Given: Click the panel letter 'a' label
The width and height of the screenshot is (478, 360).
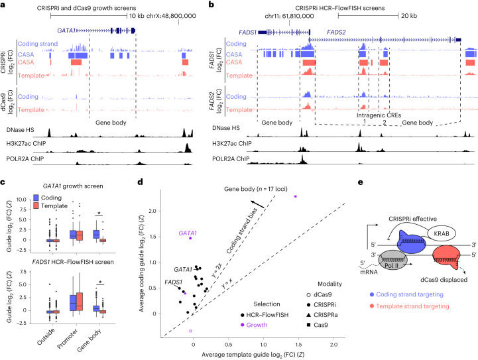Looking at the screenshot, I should (x=4, y=5).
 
